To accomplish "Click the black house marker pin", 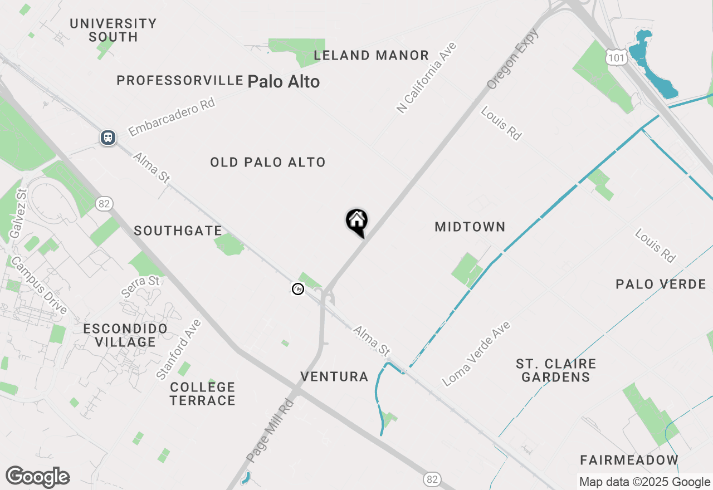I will pos(356,222).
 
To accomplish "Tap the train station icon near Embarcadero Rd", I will pos(108,137).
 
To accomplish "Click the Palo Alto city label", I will pos(284,82).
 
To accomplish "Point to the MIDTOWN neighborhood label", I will pos(470,227).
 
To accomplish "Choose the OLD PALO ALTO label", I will pos(268,163).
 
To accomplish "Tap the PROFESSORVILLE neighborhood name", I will pos(180,81).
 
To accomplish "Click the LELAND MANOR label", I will pos(371,56).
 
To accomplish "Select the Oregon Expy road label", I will pos(513,60).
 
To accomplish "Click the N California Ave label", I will pos(427,78).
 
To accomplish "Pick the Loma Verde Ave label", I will pos(476,354).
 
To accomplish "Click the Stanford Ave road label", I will pos(179,350).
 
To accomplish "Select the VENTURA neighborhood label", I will pos(334,377).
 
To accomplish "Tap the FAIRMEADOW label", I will pos(629,460).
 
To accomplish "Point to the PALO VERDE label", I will pos(661,285).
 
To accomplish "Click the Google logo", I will pos(38,477).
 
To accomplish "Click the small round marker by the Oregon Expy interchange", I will pos(298,289).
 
